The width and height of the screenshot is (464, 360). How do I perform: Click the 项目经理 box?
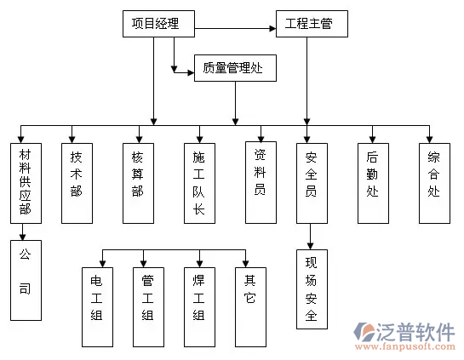pos(158,24)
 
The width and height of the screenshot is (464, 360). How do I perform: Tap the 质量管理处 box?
pos(235,69)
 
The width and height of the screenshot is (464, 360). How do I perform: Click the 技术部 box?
pos(76,181)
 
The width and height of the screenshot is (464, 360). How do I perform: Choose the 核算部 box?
pos(138,181)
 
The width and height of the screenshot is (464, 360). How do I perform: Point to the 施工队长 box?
pos(199,181)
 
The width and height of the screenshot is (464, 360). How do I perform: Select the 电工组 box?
pos(96,306)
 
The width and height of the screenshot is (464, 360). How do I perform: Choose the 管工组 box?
pos(147,306)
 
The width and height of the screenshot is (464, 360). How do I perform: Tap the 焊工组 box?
pos(198,306)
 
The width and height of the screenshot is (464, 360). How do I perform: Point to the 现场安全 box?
pos(310,289)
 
